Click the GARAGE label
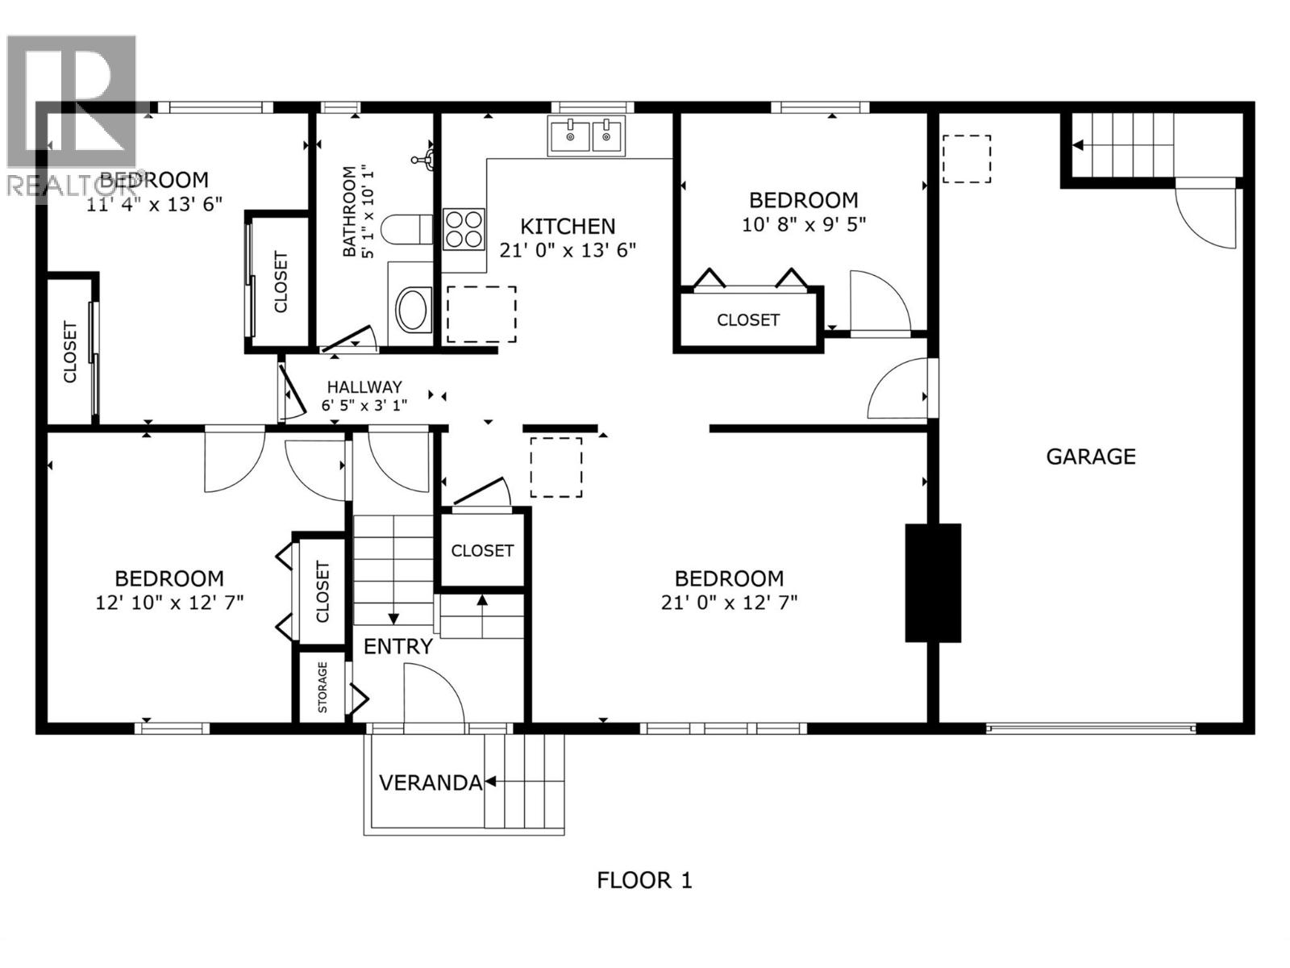[x=1090, y=457]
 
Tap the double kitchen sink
[x=586, y=136]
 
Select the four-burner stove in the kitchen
[x=464, y=228]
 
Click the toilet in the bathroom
[x=407, y=230]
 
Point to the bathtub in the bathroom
[x=414, y=309]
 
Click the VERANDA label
[x=430, y=782]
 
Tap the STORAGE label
[x=322, y=687]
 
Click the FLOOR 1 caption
[x=644, y=880]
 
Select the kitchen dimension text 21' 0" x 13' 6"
[x=568, y=251]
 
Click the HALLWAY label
[x=364, y=387]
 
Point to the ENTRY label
[x=397, y=646]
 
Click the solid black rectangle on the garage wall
[x=933, y=582]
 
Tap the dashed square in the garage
[x=966, y=159]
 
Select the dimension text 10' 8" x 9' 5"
[x=803, y=224]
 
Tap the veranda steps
[x=524, y=781]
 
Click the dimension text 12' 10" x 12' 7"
[x=169, y=603]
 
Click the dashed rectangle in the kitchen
[x=481, y=314]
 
